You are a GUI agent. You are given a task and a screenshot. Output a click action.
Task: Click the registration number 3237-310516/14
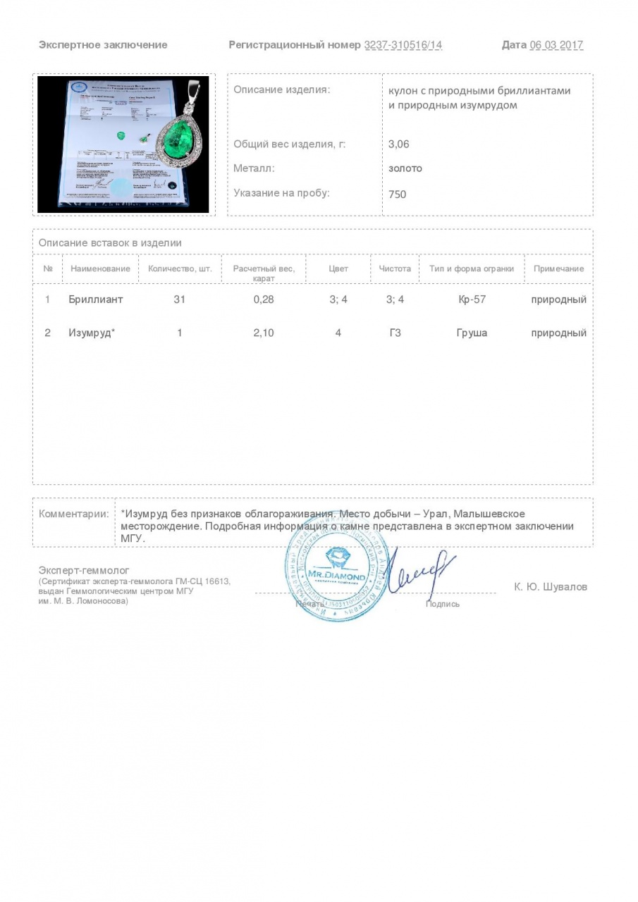click(x=403, y=45)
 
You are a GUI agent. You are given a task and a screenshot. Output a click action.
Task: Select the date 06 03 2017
click(x=556, y=45)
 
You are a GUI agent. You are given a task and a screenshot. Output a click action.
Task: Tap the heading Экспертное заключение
click(x=103, y=45)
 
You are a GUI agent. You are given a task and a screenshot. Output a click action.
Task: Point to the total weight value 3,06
click(x=398, y=144)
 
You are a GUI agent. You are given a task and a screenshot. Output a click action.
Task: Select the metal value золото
click(x=405, y=168)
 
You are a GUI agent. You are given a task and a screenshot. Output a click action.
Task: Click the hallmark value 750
click(x=397, y=194)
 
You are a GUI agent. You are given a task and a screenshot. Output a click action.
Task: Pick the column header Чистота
click(x=395, y=268)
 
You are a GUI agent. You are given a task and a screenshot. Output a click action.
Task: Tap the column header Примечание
click(x=558, y=268)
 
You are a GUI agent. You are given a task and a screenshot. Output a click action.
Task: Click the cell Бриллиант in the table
click(x=96, y=299)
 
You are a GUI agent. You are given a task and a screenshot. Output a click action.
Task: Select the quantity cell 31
click(x=179, y=299)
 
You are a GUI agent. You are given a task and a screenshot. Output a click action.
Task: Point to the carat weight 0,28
click(x=263, y=299)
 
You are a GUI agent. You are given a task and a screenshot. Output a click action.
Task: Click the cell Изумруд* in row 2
click(x=92, y=333)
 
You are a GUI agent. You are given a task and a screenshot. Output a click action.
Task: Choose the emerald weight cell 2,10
click(x=263, y=333)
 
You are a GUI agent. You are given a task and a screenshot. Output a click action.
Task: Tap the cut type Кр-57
click(x=472, y=299)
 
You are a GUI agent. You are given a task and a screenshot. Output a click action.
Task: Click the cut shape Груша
click(x=472, y=333)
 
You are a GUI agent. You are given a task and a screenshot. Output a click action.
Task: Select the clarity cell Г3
click(x=395, y=333)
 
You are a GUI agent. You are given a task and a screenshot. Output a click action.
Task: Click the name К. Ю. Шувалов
click(x=550, y=587)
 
